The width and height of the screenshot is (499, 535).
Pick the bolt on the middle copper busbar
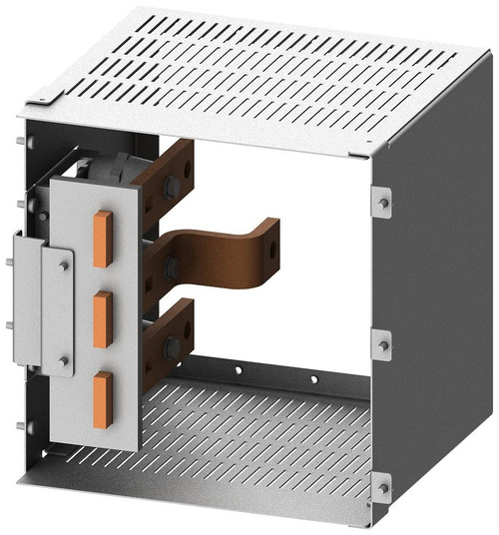coord(171,267)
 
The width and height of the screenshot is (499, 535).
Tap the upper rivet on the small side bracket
coord(63,265)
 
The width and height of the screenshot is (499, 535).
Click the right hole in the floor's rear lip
coord(313,379)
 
